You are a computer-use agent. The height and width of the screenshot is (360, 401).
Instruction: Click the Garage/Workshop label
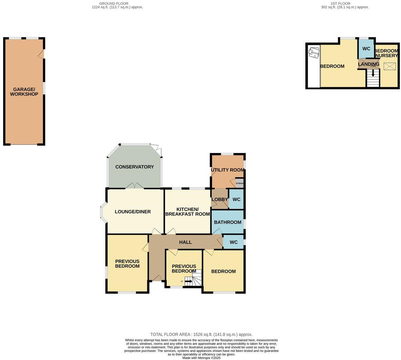click(x=24, y=92)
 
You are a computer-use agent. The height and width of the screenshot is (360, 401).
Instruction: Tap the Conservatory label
click(x=134, y=167)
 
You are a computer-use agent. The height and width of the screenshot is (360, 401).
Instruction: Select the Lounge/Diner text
click(x=133, y=212)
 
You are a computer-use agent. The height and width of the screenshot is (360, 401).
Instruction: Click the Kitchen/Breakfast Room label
click(x=188, y=211)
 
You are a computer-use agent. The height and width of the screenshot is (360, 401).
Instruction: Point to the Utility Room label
click(x=228, y=170)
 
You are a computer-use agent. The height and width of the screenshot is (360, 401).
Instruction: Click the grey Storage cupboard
click(x=239, y=183)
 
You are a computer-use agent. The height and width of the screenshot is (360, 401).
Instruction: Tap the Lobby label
click(x=219, y=199)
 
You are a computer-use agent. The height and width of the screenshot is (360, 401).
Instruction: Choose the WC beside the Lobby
click(x=236, y=199)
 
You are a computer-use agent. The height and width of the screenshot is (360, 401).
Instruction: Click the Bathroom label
click(x=228, y=222)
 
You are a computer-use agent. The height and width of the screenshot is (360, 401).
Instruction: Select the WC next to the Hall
click(x=234, y=242)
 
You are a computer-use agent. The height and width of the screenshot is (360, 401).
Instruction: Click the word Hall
click(x=185, y=242)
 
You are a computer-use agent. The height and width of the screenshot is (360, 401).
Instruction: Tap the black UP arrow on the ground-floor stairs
click(x=188, y=281)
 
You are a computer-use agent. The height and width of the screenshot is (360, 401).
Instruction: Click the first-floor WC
click(x=366, y=49)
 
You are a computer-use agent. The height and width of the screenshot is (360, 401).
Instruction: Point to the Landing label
click(x=369, y=64)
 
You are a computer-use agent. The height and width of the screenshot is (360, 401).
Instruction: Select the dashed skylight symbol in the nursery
click(x=389, y=66)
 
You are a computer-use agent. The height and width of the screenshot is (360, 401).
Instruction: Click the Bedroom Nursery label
click(x=386, y=53)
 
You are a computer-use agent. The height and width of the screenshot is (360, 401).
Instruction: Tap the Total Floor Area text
click(x=202, y=334)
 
